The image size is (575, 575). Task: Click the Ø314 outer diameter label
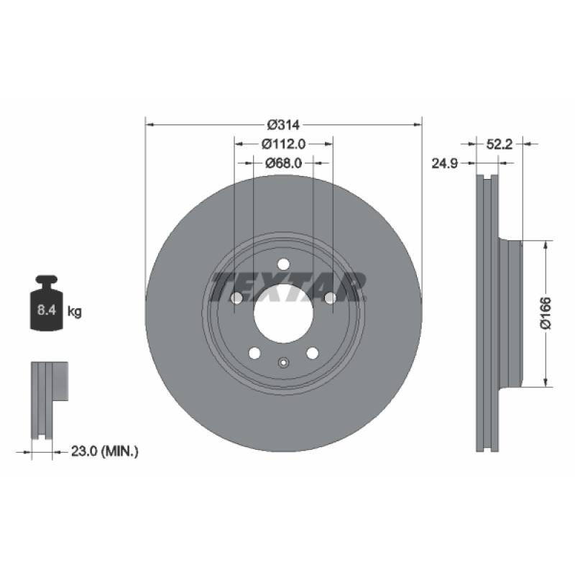coord(284,124)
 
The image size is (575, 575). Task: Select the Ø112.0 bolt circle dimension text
coord(284,144)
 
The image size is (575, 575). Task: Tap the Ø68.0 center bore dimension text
coord(284,163)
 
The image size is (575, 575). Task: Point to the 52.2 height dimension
coord(499,144)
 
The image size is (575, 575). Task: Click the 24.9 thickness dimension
coord(444,163)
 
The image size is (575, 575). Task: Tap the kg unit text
coord(75,312)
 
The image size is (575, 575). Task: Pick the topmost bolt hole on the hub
coord(283,264)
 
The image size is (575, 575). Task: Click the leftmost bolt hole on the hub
coord(236,298)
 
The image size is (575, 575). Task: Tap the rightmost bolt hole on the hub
coord(331,298)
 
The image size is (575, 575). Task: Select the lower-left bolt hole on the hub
coord(254,353)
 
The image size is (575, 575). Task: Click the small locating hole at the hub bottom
coord(283,362)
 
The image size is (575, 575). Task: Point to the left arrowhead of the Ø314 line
coord(150,124)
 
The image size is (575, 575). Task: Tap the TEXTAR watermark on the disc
coord(287,286)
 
